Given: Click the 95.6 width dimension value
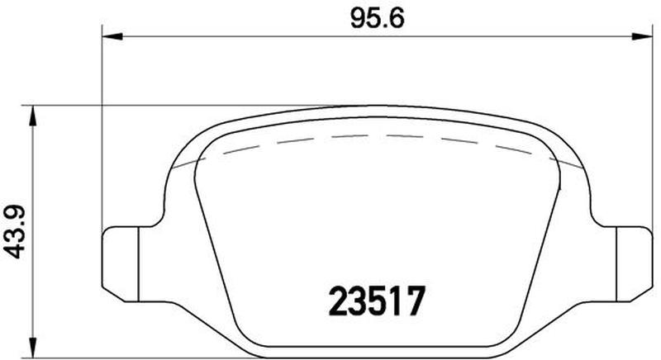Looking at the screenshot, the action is tap(378, 19).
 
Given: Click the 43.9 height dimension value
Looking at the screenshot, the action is tap(14, 231).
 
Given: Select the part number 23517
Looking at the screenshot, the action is tap(377, 301).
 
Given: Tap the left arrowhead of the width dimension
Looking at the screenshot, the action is tap(112, 37).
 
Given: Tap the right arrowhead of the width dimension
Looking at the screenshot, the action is tap(642, 37).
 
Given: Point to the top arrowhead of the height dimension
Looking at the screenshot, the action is tap(32, 116).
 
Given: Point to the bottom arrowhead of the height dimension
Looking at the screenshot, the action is tap(32, 348).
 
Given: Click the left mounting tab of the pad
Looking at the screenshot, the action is tap(121, 264).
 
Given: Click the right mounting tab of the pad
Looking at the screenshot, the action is tap(635, 264).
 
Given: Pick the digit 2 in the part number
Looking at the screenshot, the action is tap(338, 301).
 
